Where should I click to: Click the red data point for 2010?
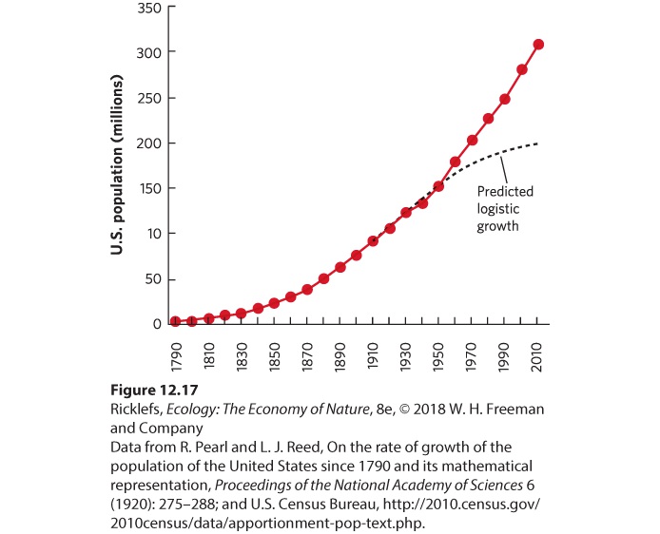(538, 44)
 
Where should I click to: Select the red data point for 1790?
(176, 321)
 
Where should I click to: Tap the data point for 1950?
(438, 186)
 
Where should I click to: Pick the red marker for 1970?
(472, 140)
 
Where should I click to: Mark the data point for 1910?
(373, 241)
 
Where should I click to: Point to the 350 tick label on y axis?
(149, 9)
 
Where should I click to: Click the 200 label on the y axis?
(149, 143)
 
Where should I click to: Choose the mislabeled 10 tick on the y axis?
(154, 234)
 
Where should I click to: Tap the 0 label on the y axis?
(158, 324)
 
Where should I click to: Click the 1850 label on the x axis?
(275, 357)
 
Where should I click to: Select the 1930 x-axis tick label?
(406, 357)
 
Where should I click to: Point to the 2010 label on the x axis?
(537, 357)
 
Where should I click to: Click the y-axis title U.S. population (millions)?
(116, 164)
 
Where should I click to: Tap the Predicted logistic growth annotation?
(505, 209)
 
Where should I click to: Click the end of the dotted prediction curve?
(537, 143)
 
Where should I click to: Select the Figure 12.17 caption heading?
(154, 391)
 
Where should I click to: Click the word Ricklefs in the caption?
(136, 410)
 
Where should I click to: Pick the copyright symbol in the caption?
(404, 410)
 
